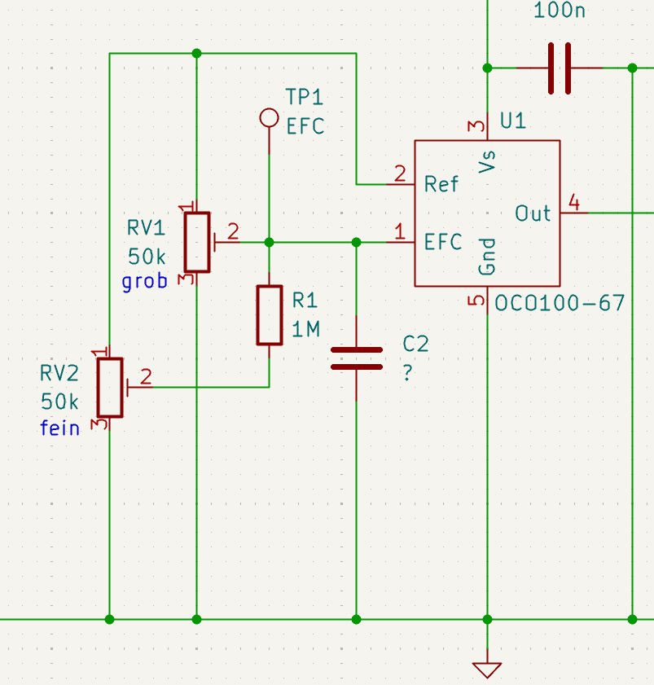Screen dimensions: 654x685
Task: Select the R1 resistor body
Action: point(269,315)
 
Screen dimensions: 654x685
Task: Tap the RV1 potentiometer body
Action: point(197,243)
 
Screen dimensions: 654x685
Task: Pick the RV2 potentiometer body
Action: point(110,388)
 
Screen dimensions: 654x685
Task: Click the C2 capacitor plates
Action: point(357,358)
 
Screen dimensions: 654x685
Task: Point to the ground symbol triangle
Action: point(487,670)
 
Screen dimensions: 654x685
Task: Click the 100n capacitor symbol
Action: point(560,68)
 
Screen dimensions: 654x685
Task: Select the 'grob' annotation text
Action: point(145,282)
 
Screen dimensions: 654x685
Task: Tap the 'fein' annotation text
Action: point(59,428)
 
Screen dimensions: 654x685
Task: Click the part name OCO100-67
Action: point(560,303)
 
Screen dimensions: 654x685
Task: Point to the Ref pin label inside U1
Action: point(441,184)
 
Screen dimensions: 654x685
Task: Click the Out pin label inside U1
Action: point(533,213)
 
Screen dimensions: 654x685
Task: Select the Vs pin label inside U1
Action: point(487,161)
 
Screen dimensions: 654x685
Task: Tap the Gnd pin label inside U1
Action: point(487,257)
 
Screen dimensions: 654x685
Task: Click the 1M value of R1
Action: point(305,329)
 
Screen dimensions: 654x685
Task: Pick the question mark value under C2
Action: point(407,373)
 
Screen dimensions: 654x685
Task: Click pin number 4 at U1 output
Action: point(574,203)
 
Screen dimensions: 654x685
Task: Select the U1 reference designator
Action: point(513,121)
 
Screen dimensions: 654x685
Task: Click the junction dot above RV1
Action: point(196,53)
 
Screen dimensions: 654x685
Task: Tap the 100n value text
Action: point(560,11)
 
